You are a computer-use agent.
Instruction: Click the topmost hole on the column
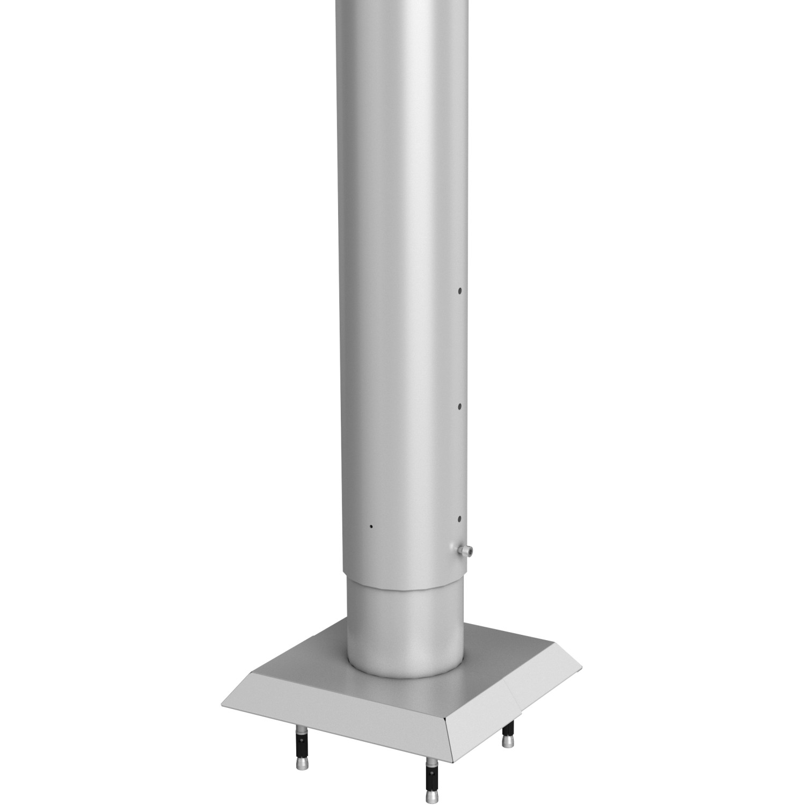click(x=460, y=291)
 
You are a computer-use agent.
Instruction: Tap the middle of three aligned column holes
click(x=460, y=407)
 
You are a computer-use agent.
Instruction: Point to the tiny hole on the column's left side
click(x=370, y=526)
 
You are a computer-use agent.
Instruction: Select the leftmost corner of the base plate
click(x=221, y=704)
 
